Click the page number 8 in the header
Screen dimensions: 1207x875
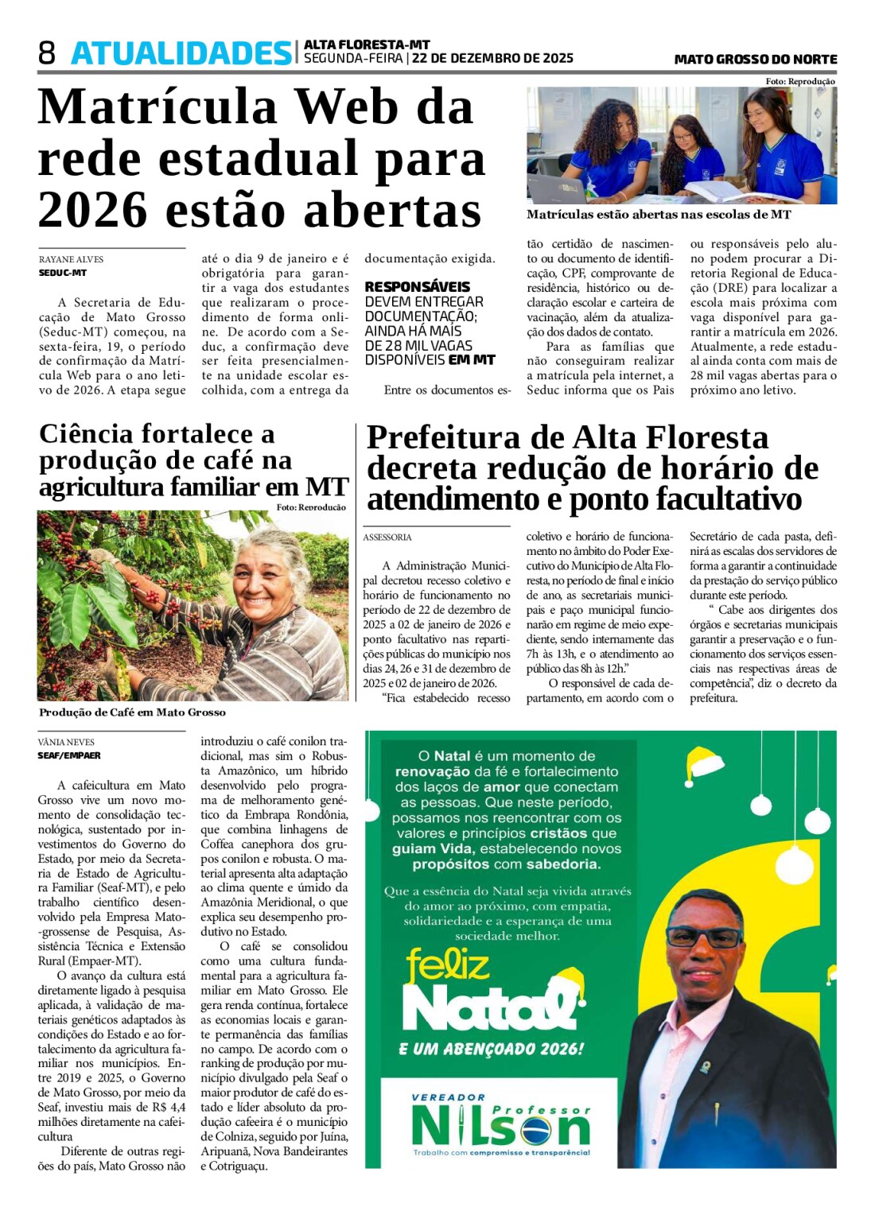pyautogui.click(x=47, y=53)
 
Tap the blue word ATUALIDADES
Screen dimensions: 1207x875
pyautogui.click(x=181, y=53)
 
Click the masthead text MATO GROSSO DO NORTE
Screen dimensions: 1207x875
pyautogui.click(x=755, y=60)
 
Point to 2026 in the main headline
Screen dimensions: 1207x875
pyautogui.click(x=94, y=210)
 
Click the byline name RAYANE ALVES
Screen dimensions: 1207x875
pyautogui.click(x=71, y=259)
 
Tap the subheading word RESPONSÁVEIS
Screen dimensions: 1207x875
pyautogui.click(x=417, y=286)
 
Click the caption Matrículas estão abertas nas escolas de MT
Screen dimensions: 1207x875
pyautogui.click(x=659, y=215)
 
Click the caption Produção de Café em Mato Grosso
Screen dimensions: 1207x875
pyautogui.click(x=132, y=712)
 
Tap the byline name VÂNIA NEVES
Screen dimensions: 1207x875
pyautogui.click(x=65, y=742)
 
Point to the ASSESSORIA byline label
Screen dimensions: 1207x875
pyautogui.click(x=387, y=538)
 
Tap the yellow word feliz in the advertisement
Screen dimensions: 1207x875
pyautogui.click(x=448, y=966)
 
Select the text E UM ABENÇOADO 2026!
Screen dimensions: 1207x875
pyautogui.click(x=491, y=1049)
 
